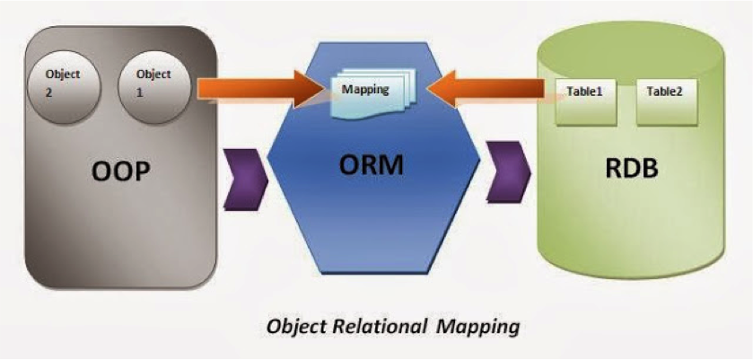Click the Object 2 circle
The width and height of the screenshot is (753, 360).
pos(64,87)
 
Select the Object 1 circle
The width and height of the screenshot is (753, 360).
pos(154,87)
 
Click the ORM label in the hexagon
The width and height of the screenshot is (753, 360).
pos(372,165)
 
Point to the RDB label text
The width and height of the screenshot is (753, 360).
pos(631,168)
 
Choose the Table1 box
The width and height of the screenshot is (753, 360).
pos(586,102)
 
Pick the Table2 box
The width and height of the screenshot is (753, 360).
pos(666,102)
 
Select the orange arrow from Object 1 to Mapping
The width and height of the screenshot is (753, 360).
pos(259,89)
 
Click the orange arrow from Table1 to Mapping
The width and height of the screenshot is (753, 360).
pos(486,89)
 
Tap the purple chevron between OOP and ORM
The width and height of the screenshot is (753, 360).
pos(245,180)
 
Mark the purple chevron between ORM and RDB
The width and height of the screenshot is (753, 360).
pos(509,171)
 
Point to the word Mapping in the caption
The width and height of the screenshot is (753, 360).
pos(478,328)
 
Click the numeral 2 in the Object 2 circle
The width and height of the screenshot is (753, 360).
pos(48,92)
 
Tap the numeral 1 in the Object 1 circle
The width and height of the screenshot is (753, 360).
pos(140,92)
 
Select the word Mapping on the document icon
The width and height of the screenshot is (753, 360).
pos(365,90)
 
